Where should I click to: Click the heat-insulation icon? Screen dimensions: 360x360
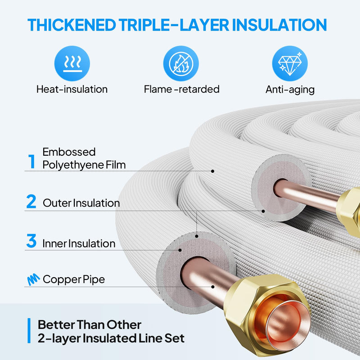[x=72, y=63]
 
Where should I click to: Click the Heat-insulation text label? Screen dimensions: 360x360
[x=72, y=89]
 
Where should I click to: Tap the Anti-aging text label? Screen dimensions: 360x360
[x=290, y=89]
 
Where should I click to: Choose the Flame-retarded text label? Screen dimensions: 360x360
[x=182, y=89]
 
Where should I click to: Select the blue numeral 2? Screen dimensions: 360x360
[x=31, y=202]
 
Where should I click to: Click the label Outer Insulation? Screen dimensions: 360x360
[x=81, y=203]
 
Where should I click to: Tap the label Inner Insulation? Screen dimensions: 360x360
[x=79, y=243]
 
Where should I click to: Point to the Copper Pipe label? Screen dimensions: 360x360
[x=74, y=279]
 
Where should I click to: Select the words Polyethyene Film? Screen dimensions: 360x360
[x=84, y=165]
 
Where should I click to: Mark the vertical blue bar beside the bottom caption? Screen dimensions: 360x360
[x=29, y=331]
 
